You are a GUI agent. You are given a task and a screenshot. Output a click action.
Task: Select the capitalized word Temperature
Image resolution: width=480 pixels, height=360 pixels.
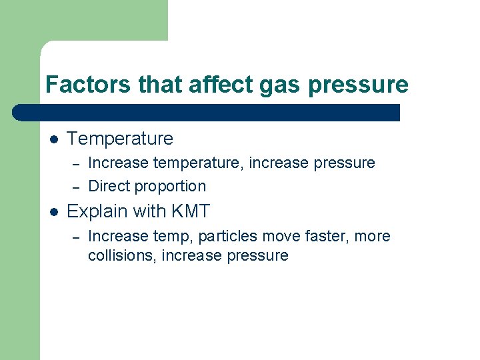click(120, 139)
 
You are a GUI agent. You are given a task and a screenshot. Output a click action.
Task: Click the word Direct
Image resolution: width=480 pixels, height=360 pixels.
click(110, 186)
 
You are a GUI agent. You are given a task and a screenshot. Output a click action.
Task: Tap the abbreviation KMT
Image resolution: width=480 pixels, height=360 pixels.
click(190, 212)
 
